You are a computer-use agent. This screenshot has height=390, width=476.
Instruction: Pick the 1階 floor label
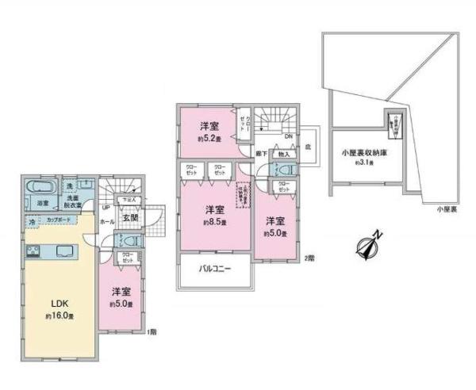151,332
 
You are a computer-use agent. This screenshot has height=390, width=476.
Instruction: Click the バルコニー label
214,270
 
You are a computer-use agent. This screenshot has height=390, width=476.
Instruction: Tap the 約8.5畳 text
214,223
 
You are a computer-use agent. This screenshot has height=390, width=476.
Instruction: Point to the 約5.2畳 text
209,136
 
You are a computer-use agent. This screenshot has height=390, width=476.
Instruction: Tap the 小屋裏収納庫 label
363,152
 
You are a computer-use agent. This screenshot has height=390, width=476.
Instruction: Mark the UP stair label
106,208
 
